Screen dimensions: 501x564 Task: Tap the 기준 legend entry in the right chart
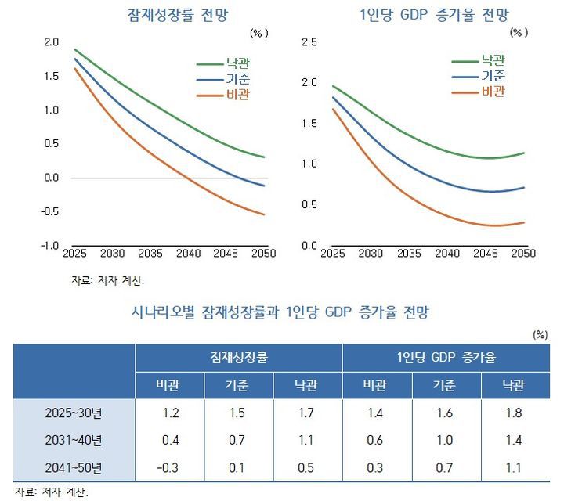tap(493, 76)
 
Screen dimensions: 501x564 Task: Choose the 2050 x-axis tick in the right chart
tap(522, 254)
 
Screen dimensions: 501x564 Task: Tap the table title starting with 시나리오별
tap(283, 312)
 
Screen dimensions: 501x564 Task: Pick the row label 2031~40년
tap(75, 440)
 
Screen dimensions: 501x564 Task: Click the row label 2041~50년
tap(75, 467)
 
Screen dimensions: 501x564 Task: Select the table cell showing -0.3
tap(169, 467)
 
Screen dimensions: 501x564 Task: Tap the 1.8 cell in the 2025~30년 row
tap(514, 413)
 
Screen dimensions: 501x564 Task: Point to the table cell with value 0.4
tap(169, 440)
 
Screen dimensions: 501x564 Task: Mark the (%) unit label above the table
tap(539, 333)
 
